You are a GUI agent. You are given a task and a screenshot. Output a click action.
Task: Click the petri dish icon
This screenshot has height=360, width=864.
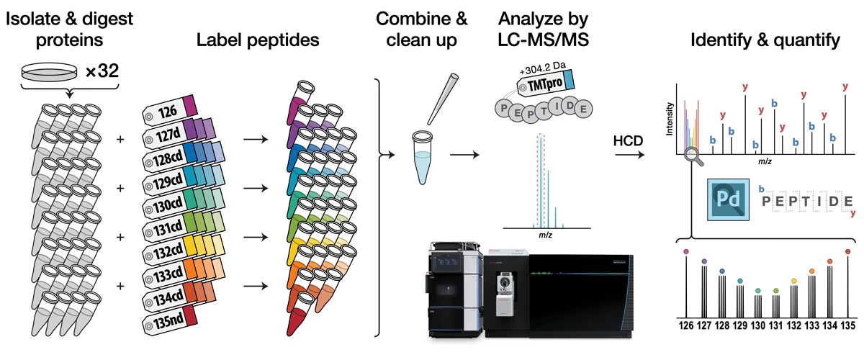(x=47, y=73)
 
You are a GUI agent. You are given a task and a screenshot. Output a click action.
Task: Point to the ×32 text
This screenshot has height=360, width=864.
(x=91, y=73)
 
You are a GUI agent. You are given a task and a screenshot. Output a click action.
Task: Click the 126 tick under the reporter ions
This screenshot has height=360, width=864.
(x=686, y=325)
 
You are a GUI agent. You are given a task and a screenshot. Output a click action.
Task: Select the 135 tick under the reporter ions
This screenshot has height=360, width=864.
(x=847, y=325)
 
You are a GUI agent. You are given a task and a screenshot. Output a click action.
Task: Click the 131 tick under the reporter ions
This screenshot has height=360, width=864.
(x=775, y=325)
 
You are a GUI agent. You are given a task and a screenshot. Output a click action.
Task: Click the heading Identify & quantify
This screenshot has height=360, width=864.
(x=764, y=41)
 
